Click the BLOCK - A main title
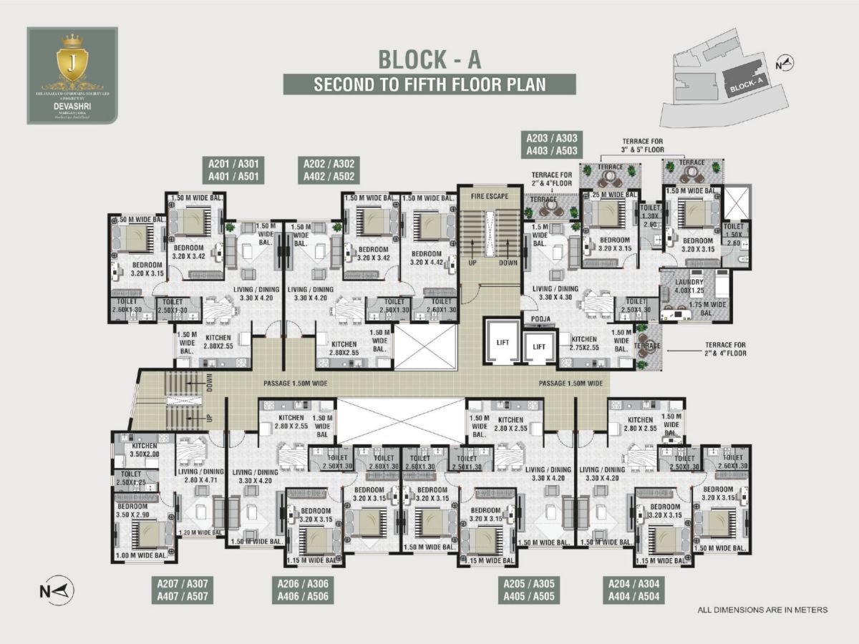click(x=429, y=59)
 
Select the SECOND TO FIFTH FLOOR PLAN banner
click(x=429, y=84)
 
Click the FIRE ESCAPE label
click(x=489, y=195)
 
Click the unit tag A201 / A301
click(x=233, y=169)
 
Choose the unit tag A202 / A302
click(x=328, y=169)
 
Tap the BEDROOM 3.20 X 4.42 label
click(x=427, y=258)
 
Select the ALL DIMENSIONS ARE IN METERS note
click(x=762, y=610)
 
